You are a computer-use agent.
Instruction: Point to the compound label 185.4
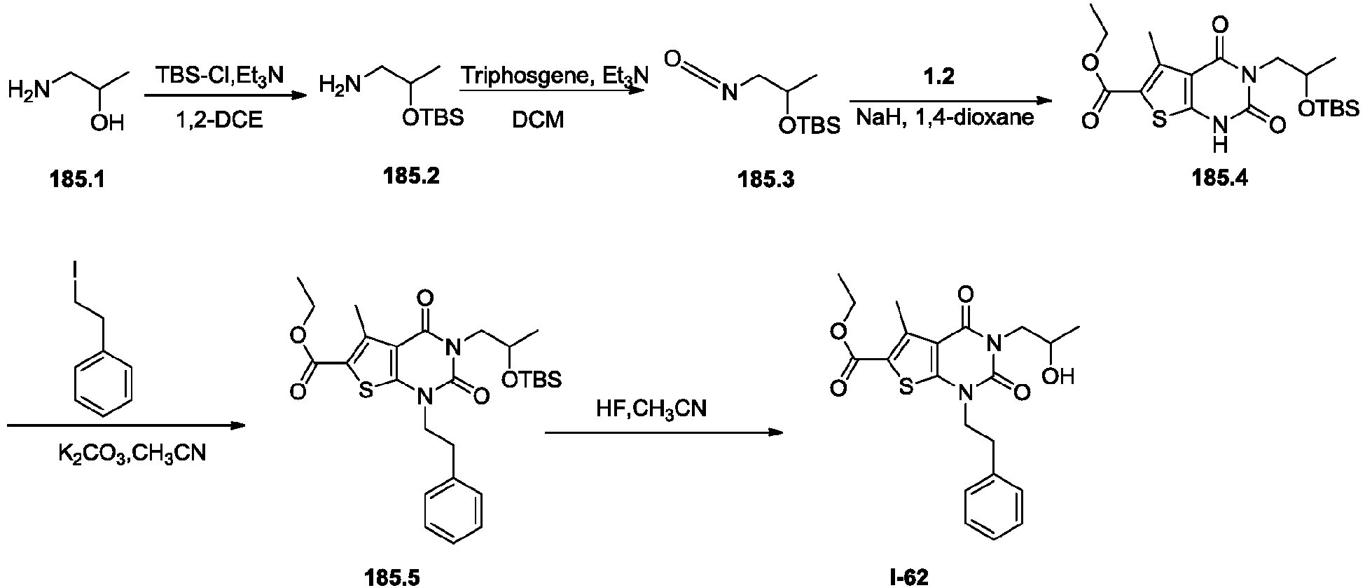click(x=1219, y=178)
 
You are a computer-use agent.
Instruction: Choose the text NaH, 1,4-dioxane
click(x=945, y=117)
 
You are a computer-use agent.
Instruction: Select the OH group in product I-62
click(x=1058, y=377)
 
